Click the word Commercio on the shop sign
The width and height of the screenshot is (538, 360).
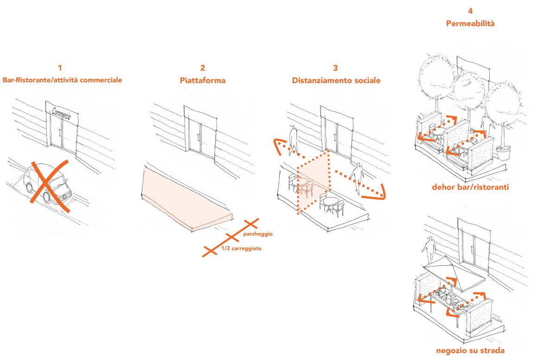tap(62, 114)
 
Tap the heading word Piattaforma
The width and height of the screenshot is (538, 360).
tap(203, 80)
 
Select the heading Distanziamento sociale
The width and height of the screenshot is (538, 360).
tap(336, 80)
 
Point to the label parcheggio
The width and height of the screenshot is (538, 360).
tap(257, 234)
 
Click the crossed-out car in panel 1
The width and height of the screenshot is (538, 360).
tap(44, 184)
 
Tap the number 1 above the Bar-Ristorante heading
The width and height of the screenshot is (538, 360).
tap(62, 69)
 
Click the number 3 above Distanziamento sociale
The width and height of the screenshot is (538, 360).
tap(336, 69)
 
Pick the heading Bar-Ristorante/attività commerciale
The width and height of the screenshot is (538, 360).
tap(62, 80)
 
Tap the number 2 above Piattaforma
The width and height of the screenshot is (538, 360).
tap(203, 69)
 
